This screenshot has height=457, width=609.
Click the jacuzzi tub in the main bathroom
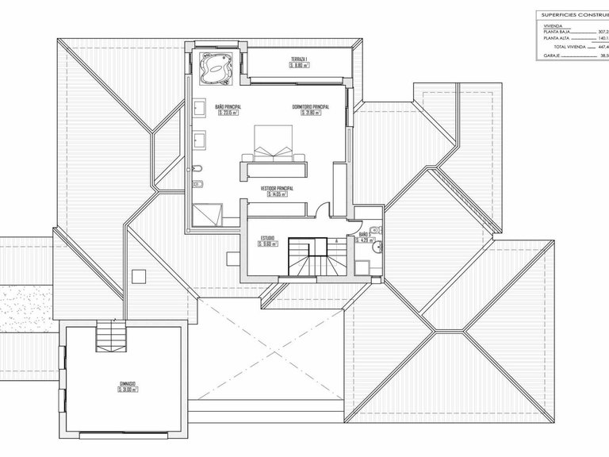[x=215, y=68]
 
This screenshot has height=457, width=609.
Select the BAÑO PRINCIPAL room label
[x=228, y=106]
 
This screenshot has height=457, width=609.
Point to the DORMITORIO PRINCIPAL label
[x=310, y=106]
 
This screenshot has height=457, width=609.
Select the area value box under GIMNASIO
[x=128, y=390]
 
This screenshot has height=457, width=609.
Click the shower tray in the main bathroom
[x=208, y=211]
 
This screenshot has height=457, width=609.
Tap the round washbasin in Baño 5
[x=379, y=246]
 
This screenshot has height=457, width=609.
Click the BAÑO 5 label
[x=366, y=236]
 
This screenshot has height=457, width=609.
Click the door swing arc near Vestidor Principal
[x=322, y=210]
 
